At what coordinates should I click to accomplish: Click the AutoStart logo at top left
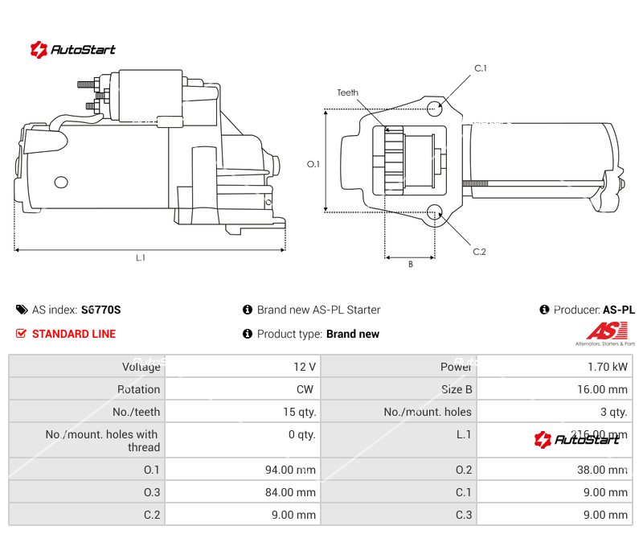point(72,50)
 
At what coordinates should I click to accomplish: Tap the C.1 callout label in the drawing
point(480,68)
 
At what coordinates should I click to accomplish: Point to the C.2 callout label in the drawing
point(479,252)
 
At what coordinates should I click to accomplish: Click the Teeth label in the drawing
point(348,93)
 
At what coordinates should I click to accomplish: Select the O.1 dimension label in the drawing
point(313,164)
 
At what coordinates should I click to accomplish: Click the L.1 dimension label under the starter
point(141,258)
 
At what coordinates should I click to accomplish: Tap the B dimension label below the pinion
point(410,264)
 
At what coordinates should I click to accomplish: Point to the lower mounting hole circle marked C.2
point(435,212)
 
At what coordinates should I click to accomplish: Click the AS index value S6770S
point(100,310)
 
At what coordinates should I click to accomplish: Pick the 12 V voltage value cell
point(305,367)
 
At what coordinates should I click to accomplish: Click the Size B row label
point(457,389)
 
